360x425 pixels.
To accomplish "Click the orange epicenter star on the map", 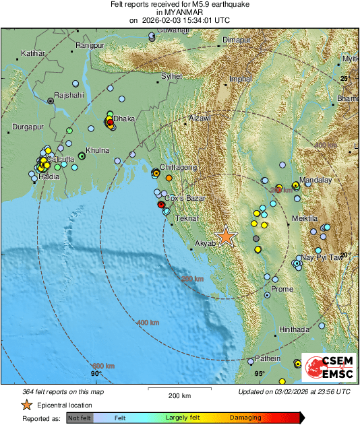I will [226, 236].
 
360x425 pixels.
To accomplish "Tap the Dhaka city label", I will [123, 119].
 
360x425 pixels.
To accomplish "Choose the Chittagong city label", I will [179, 166].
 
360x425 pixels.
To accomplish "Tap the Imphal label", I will [241, 79].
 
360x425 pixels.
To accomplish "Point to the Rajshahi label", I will [68, 95].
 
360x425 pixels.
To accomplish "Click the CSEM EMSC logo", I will [325, 368].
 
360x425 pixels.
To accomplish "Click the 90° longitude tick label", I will [96, 373].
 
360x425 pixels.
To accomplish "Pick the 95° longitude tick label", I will [260, 373].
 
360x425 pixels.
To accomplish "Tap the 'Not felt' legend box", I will [79, 418].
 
